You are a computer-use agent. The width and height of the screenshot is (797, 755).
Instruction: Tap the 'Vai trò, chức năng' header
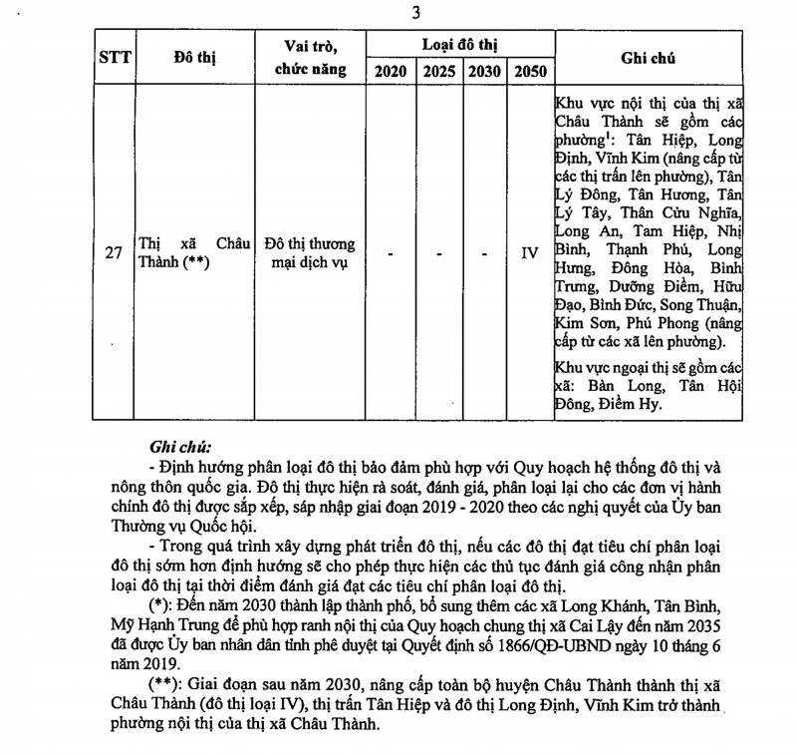point(310,58)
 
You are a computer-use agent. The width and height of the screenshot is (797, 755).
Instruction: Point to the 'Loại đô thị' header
point(459,46)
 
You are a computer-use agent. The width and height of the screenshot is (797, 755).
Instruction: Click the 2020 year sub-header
point(390,72)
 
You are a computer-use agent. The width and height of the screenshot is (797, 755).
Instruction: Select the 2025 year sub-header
point(438,72)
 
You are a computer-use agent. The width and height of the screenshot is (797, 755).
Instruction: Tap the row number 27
point(114,253)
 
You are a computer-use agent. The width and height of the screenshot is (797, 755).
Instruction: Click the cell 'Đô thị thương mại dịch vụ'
point(310,253)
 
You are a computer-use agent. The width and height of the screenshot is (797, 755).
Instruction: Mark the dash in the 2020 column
point(390,254)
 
